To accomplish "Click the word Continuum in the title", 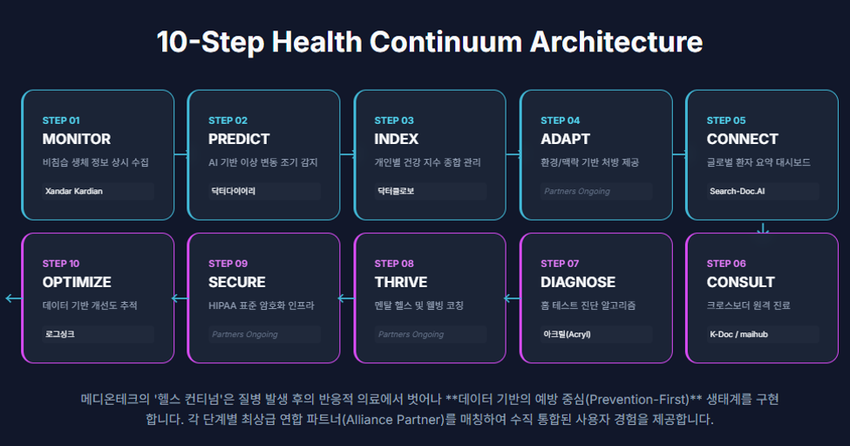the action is point(445,42).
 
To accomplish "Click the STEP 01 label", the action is point(61,120).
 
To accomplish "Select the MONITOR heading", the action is point(77,139).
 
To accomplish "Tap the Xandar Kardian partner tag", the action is point(74,191).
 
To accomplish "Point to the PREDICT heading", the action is point(239,139).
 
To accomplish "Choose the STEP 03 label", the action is point(394,120).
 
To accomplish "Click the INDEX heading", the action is point(397,139).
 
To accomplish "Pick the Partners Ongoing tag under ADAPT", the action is point(577,191).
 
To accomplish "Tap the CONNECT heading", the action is point(742,139).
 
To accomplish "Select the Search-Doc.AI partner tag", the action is point(738,191).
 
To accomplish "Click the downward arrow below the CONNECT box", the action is point(763,228).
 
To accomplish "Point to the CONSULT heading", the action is point(740,282).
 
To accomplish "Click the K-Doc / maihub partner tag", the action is point(739,334).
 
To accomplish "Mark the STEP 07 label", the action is point(560,264).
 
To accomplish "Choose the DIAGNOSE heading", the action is point(578,282).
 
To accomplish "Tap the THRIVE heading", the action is point(401,282).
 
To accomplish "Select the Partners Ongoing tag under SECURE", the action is point(245,334).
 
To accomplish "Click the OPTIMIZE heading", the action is point(77,282).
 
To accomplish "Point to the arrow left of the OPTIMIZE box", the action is point(14,298).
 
